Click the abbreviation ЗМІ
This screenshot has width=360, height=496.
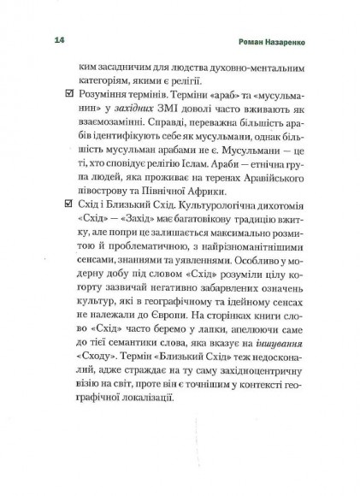tap(177, 127)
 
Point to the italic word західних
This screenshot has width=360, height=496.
tap(136, 127)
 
